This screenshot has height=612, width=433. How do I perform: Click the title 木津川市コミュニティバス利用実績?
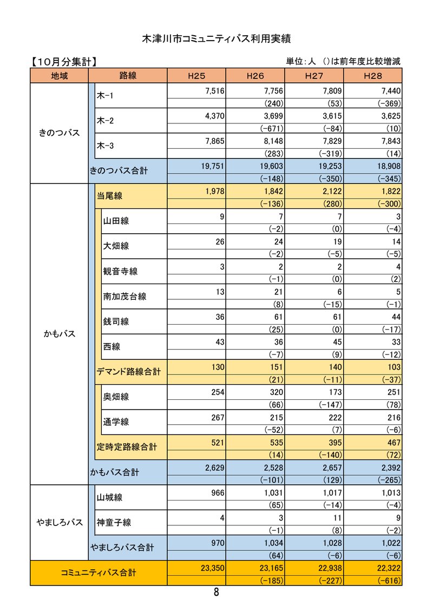click(x=216, y=39)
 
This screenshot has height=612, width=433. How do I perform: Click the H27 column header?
click(x=314, y=76)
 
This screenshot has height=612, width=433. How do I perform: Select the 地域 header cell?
click(x=60, y=76)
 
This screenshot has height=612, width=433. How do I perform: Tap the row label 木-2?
click(x=105, y=121)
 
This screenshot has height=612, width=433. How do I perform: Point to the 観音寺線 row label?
click(x=120, y=271)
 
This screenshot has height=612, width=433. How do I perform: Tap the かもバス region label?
click(x=60, y=334)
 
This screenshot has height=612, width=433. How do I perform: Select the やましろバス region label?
click(x=60, y=522)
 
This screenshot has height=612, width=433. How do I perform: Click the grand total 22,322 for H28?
click(x=386, y=567)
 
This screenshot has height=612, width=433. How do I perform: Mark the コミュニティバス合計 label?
click(x=99, y=573)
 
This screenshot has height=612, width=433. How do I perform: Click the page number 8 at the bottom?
click(x=216, y=593)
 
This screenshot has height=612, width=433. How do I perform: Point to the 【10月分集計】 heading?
click(x=64, y=62)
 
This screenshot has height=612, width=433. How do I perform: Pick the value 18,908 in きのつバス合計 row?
click(x=386, y=166)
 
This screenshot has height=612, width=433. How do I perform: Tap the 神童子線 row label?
click(x=114, y=523)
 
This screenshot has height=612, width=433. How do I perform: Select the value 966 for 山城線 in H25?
click(x=216, y=492)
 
